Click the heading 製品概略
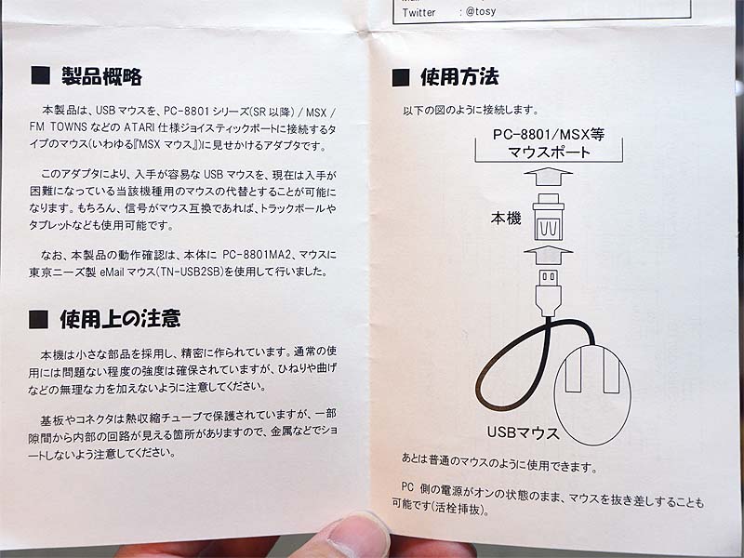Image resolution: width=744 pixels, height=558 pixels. pyautogui.click(x=101, y=76)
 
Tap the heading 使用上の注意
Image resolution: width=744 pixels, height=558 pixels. pyautogui.click(x=120, y=319)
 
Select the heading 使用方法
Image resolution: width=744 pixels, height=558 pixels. pyautogui.click(x=459, y=76)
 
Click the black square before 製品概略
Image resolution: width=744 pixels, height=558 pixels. pyautogui.click(x=40, y=75)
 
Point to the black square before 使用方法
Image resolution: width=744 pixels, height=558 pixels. pyautogui.click(x=401, y=77)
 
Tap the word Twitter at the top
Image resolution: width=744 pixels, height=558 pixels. pyautogui.click(x=418, y=12)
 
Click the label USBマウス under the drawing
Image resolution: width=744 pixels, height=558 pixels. pyautogui.click(x=523, y=432)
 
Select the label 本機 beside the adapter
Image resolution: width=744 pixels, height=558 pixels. pyautogui.click(x=506, y=219)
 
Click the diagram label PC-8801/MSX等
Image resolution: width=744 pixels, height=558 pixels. pyautogui.click(x=549, y=135)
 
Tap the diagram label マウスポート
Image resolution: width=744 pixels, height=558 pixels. pyautogui.click(x=549, y=153)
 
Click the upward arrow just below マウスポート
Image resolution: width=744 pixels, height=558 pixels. pyautogui.click(x=549, y=176)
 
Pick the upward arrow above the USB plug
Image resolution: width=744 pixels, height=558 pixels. pyautogui.click(x=549, y=255)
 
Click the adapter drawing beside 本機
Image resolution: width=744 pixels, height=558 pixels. pyautogui.click(x=549, y=217)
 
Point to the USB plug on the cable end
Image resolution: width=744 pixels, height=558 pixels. pyautogui.click(x=549, y=292)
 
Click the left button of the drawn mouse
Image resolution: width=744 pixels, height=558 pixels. pyautogui.click(x=574, y=368)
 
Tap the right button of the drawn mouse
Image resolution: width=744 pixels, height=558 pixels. pyautogui.click(x=611, y=369)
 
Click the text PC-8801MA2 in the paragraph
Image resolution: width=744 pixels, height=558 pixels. pyautogui.click(x=257, y=255)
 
